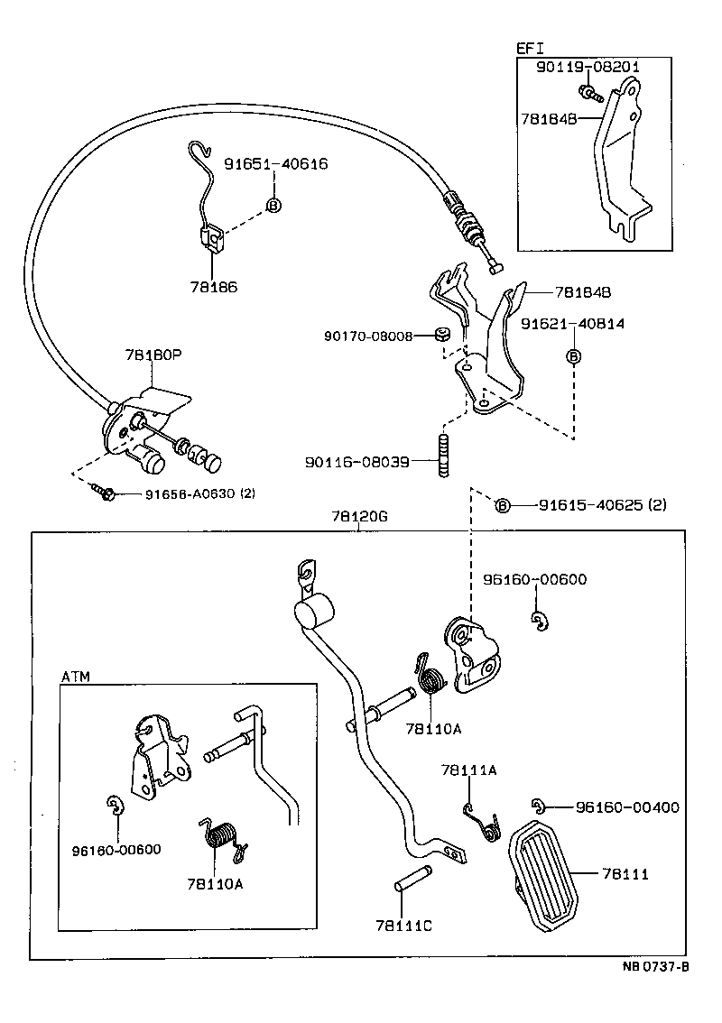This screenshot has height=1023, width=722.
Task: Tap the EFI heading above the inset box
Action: pyautogui.click(x=530, y=49)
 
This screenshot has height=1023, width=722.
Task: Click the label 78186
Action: pyautogui.click(x=213, y=287)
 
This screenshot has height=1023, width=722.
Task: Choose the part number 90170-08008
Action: pyautogui.click(x=368, y=336)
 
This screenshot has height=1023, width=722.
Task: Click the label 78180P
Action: pyautogui.click(x=153, y=355)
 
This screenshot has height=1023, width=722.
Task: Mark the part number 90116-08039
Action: pyautogui.click(x=356, y=462)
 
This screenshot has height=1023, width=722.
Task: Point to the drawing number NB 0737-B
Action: pyautogui.click(x=655, y=968)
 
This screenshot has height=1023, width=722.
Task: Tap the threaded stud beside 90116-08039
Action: pyautogui.click(x=444, y=456)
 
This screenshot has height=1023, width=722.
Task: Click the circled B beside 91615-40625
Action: pyautogui.click(x=503, y=505)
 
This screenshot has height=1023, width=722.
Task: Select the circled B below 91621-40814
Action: pyautogui.click(x=573, y=356)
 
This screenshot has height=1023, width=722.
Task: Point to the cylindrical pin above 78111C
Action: pyautogui.click(x=413, y=879)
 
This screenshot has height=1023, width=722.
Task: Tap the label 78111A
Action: pyautogui.click(x=468, y=770)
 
